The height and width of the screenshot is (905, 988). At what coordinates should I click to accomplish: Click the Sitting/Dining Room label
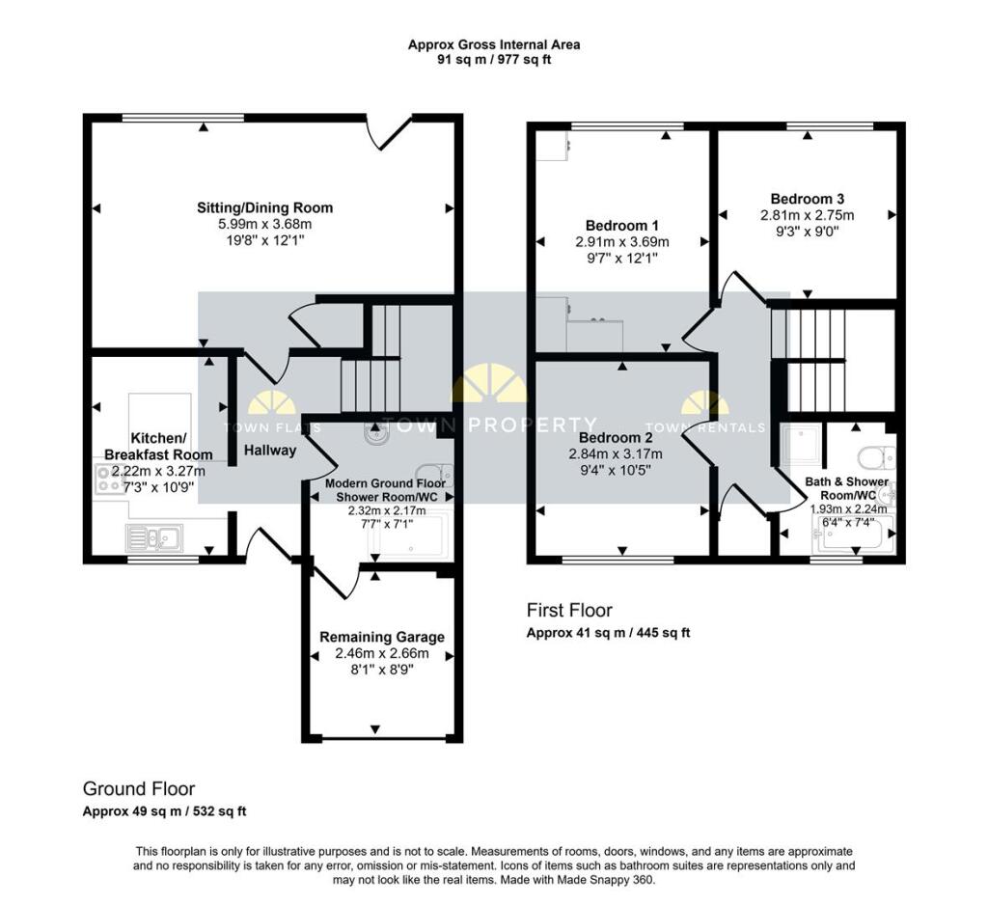coord(264,207)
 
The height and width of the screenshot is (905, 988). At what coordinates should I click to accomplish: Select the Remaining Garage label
coord(382,637)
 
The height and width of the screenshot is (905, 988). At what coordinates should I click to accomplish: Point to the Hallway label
coord(270,450)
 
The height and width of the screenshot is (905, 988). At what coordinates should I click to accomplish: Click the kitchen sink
coord(154,537)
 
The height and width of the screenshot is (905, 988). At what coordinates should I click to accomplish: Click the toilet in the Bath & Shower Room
coord(875,457)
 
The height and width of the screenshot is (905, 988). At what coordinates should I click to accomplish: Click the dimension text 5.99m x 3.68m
coord(264,224)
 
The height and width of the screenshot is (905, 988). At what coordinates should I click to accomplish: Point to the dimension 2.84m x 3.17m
coord(616,453)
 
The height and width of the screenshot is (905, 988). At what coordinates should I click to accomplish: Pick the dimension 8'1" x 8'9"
coord(382,670)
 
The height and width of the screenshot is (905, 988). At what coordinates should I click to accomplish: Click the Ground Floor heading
coord(139,789)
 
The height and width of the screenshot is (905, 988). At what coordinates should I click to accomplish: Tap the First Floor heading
coord(569,610)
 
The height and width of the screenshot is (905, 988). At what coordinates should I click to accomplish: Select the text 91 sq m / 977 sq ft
coord(494,61)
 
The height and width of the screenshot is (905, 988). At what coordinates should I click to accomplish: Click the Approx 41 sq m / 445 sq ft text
coord(608,632)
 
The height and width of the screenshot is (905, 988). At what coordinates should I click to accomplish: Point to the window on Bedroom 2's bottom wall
coord(618,559)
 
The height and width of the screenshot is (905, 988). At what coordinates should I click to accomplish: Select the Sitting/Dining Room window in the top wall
coord(183,117)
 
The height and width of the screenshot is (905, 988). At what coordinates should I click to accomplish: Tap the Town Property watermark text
coord(491,425)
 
